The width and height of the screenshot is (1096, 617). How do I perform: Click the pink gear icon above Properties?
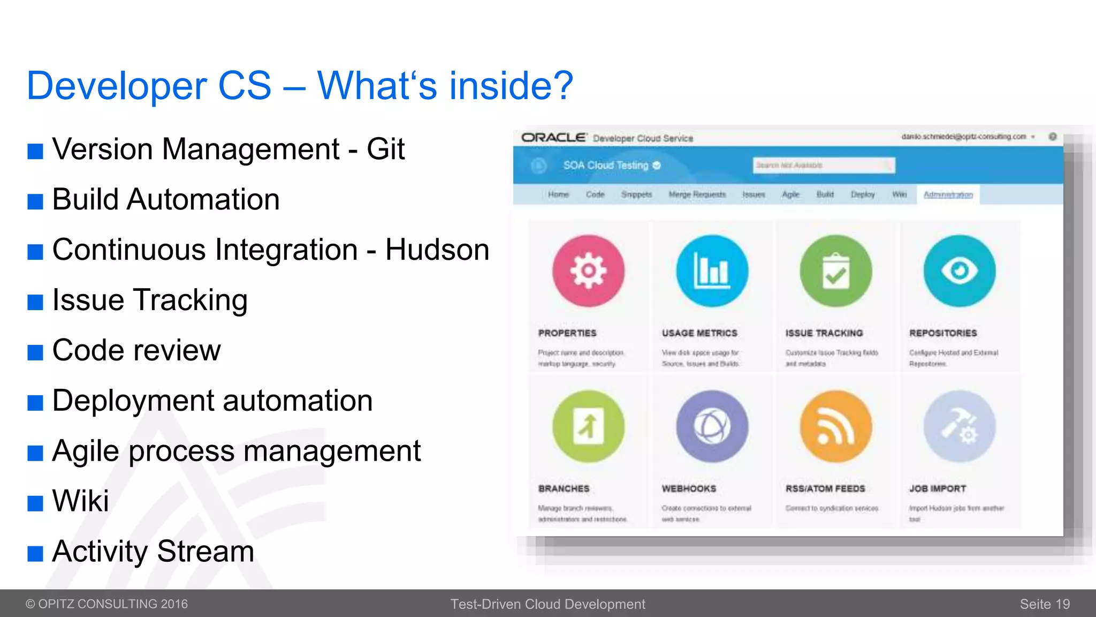(x=588, y=270)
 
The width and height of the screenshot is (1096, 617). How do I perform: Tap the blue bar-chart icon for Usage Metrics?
(x=712, y=270)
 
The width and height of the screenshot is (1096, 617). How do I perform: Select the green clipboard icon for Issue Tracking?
(x=835, y=270)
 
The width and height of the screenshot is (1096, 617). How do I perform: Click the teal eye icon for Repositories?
(x=959, y=270)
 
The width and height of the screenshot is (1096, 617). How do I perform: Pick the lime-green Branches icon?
(x=588, y=426)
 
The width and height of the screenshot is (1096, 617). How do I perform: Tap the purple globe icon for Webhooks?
(x=712, y=426)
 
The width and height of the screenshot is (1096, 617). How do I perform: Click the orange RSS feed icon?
(x=835, y=426)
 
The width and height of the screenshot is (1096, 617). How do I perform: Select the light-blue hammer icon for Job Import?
(x=959, y=426)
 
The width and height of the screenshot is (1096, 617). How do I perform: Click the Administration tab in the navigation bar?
(x=948, y=194)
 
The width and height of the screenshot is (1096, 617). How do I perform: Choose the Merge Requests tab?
(x=697, y=194)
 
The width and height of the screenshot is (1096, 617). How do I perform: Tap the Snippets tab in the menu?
(x=636, y=194)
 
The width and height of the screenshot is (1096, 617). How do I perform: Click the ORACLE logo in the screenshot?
(x=553, y=138)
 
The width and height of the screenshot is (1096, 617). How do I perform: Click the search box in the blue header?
(x=823, y=165)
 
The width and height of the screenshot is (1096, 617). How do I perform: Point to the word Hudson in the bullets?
(x=437, y=250)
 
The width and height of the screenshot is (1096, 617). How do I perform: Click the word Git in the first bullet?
(x=385, y=149)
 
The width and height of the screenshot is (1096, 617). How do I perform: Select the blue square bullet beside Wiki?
(x=35, y=503)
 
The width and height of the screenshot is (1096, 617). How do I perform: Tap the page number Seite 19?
(x=1045, y=604)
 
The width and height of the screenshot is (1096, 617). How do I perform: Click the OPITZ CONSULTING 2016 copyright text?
(x=107, y=604)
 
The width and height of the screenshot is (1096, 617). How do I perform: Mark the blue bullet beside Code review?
(x=35, y=352)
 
